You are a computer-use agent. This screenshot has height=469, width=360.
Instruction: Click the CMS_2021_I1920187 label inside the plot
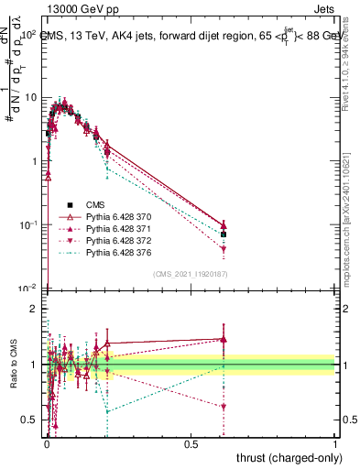tap(190, 274)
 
